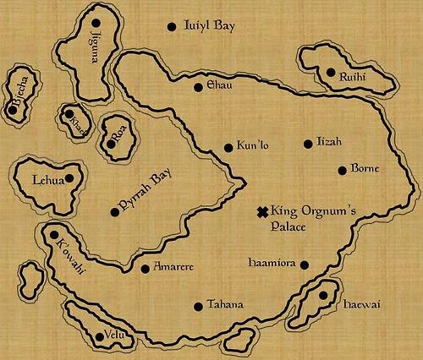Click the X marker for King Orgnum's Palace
click(x=262, y=211)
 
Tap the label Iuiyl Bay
click(x=209, y=26)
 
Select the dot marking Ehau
click(x=198, y=86)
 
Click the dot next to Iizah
click(x=308, y=144)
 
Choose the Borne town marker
click(x=343, y=170)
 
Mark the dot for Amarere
click(x=145, y=269)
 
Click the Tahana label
click(x=224, y=305)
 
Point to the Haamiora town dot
click(x=305, y=265)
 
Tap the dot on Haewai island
click(x=323, y=295)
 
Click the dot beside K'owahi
click(x=55, y=237)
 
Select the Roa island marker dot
click(x=111, y=144)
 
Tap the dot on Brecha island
click(x=14, y=107)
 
